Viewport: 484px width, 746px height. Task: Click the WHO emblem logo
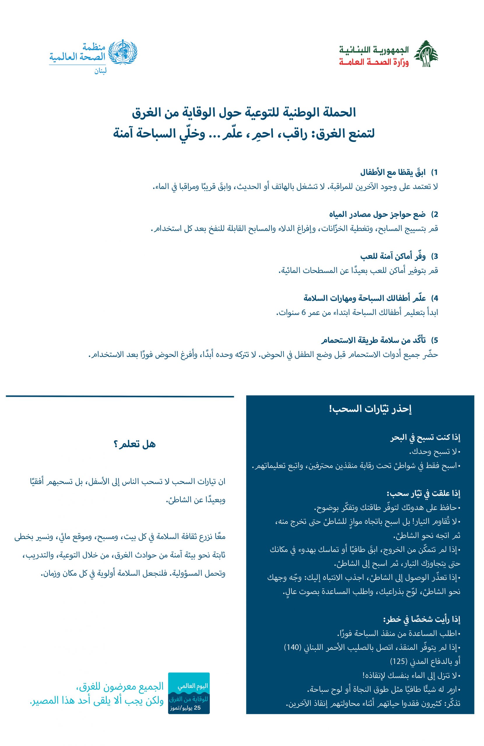tap(123, 51)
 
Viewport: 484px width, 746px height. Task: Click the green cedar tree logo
tap(426, 54)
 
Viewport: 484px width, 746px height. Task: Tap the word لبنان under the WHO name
tap(100, 71)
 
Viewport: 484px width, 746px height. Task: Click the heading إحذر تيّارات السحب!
tap(369, 409)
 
